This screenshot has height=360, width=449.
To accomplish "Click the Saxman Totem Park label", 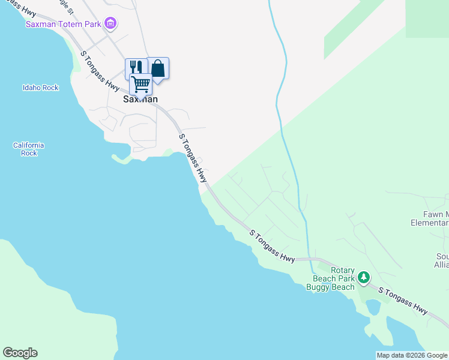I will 63,24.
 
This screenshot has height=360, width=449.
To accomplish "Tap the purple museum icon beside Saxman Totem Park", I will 110,24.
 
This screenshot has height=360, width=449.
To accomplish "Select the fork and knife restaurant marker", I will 135,67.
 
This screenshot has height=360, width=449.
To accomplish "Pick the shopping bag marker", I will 158,68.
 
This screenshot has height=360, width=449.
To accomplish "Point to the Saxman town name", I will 140,99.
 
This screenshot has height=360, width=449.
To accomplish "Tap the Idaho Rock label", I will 41,88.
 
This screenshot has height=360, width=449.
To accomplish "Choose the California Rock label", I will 29,149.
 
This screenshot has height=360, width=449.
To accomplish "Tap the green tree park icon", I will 363,278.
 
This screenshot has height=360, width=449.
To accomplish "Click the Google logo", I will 20,353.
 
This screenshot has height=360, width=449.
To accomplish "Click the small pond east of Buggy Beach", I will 373,307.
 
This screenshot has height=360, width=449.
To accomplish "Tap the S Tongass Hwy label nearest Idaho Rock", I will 100,70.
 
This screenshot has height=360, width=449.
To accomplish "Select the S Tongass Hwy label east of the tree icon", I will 403,300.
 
